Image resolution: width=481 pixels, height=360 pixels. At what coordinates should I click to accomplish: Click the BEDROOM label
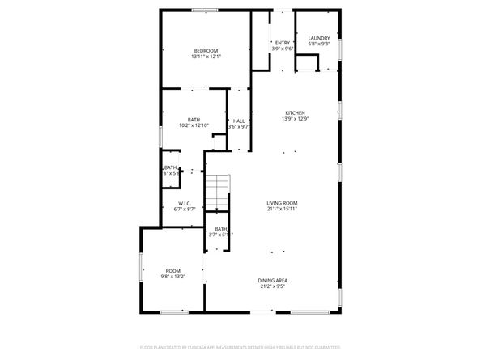pyautogui.click(x=206, y=50)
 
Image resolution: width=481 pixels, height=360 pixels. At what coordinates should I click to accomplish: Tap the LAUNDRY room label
pyautogui.click(x=319, y=38)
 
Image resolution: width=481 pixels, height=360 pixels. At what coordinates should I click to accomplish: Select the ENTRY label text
pyautogui.click(x=282, y=42)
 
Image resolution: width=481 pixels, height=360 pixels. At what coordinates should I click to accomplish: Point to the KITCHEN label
pyautogui.click(x=295, y=112)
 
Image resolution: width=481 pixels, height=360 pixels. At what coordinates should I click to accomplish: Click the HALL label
pyautogui.click(x=239, y=121)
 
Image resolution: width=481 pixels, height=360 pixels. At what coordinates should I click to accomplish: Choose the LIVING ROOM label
pyautogui.click(x=283, y=202)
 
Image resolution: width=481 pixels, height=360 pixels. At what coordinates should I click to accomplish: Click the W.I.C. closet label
pyautogui.click(x=185, y=202)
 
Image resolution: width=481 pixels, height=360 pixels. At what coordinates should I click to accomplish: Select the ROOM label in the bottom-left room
pyautogui.click(x=173, y=270)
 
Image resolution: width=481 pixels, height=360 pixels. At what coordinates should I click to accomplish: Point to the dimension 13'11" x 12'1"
pyautogui.click(x=206, y=57)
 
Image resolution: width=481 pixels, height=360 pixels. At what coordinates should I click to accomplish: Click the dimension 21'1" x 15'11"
pyautogui.click(x=283, y=209)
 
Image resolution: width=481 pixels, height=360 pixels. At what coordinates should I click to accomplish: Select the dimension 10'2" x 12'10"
pyautogui.click(x=194, y=125)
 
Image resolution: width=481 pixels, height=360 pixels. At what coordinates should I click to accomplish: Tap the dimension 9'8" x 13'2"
pyautogui.click(x=173, y=277)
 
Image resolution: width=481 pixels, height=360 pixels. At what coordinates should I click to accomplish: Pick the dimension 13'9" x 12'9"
pyautogui.click(x=295, y=119)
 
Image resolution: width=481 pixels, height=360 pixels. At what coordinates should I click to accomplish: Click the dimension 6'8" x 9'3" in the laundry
pyautogui.click(x=319, y=44)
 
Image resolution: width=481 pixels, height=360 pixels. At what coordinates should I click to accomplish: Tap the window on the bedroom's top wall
pyautogui.click(x=205, y=10)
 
